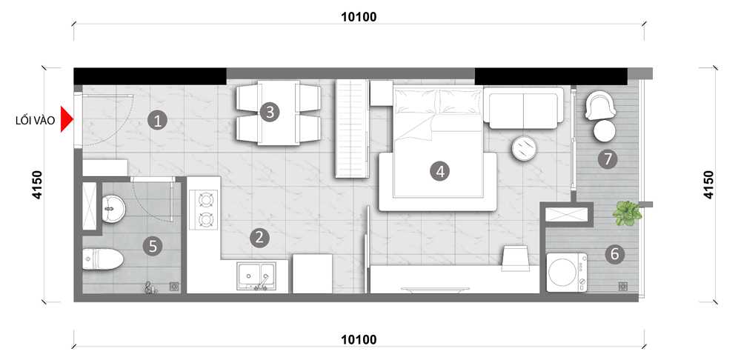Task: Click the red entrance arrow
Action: tap(66, 121)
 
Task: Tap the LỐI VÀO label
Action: tap(35, 121)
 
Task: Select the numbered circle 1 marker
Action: tap(157, 121)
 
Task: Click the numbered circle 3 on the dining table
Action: tap(270, 113)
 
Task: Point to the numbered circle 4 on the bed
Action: tap(440, 171)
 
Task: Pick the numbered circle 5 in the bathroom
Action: tap(153, 246)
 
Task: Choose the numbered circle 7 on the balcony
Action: tap(608, 160)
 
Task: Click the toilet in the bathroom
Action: tap(103, 259)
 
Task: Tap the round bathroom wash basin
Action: tap(113, 208)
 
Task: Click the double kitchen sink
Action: tap(256, 276)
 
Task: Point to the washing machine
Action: tap(567, 273)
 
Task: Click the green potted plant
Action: tap(627, 213)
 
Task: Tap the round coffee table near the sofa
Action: tap(525, 148)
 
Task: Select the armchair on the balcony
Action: tap(600, 105)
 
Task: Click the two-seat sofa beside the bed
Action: tap(524, 108)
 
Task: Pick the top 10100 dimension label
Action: tap(359, 17)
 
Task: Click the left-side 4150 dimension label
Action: tap(37, 184)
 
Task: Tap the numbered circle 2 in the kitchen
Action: tap(259, 238)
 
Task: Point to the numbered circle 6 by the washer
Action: tap(614, 255)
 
